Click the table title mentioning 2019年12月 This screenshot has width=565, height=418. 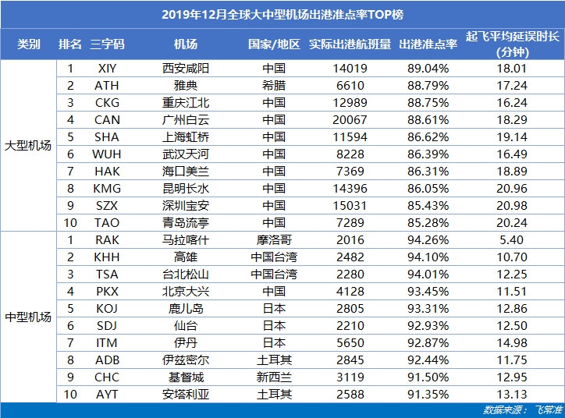tap(282, 14)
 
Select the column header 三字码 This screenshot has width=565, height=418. tap(107, 44)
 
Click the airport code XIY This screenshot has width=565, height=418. tap(107, 68)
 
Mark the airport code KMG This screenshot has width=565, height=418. tap(107, 188)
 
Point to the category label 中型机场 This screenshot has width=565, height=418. tap(28, 317)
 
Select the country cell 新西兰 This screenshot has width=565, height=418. tap(273, 377)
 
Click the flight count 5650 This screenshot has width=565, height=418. tap(350, 342)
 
